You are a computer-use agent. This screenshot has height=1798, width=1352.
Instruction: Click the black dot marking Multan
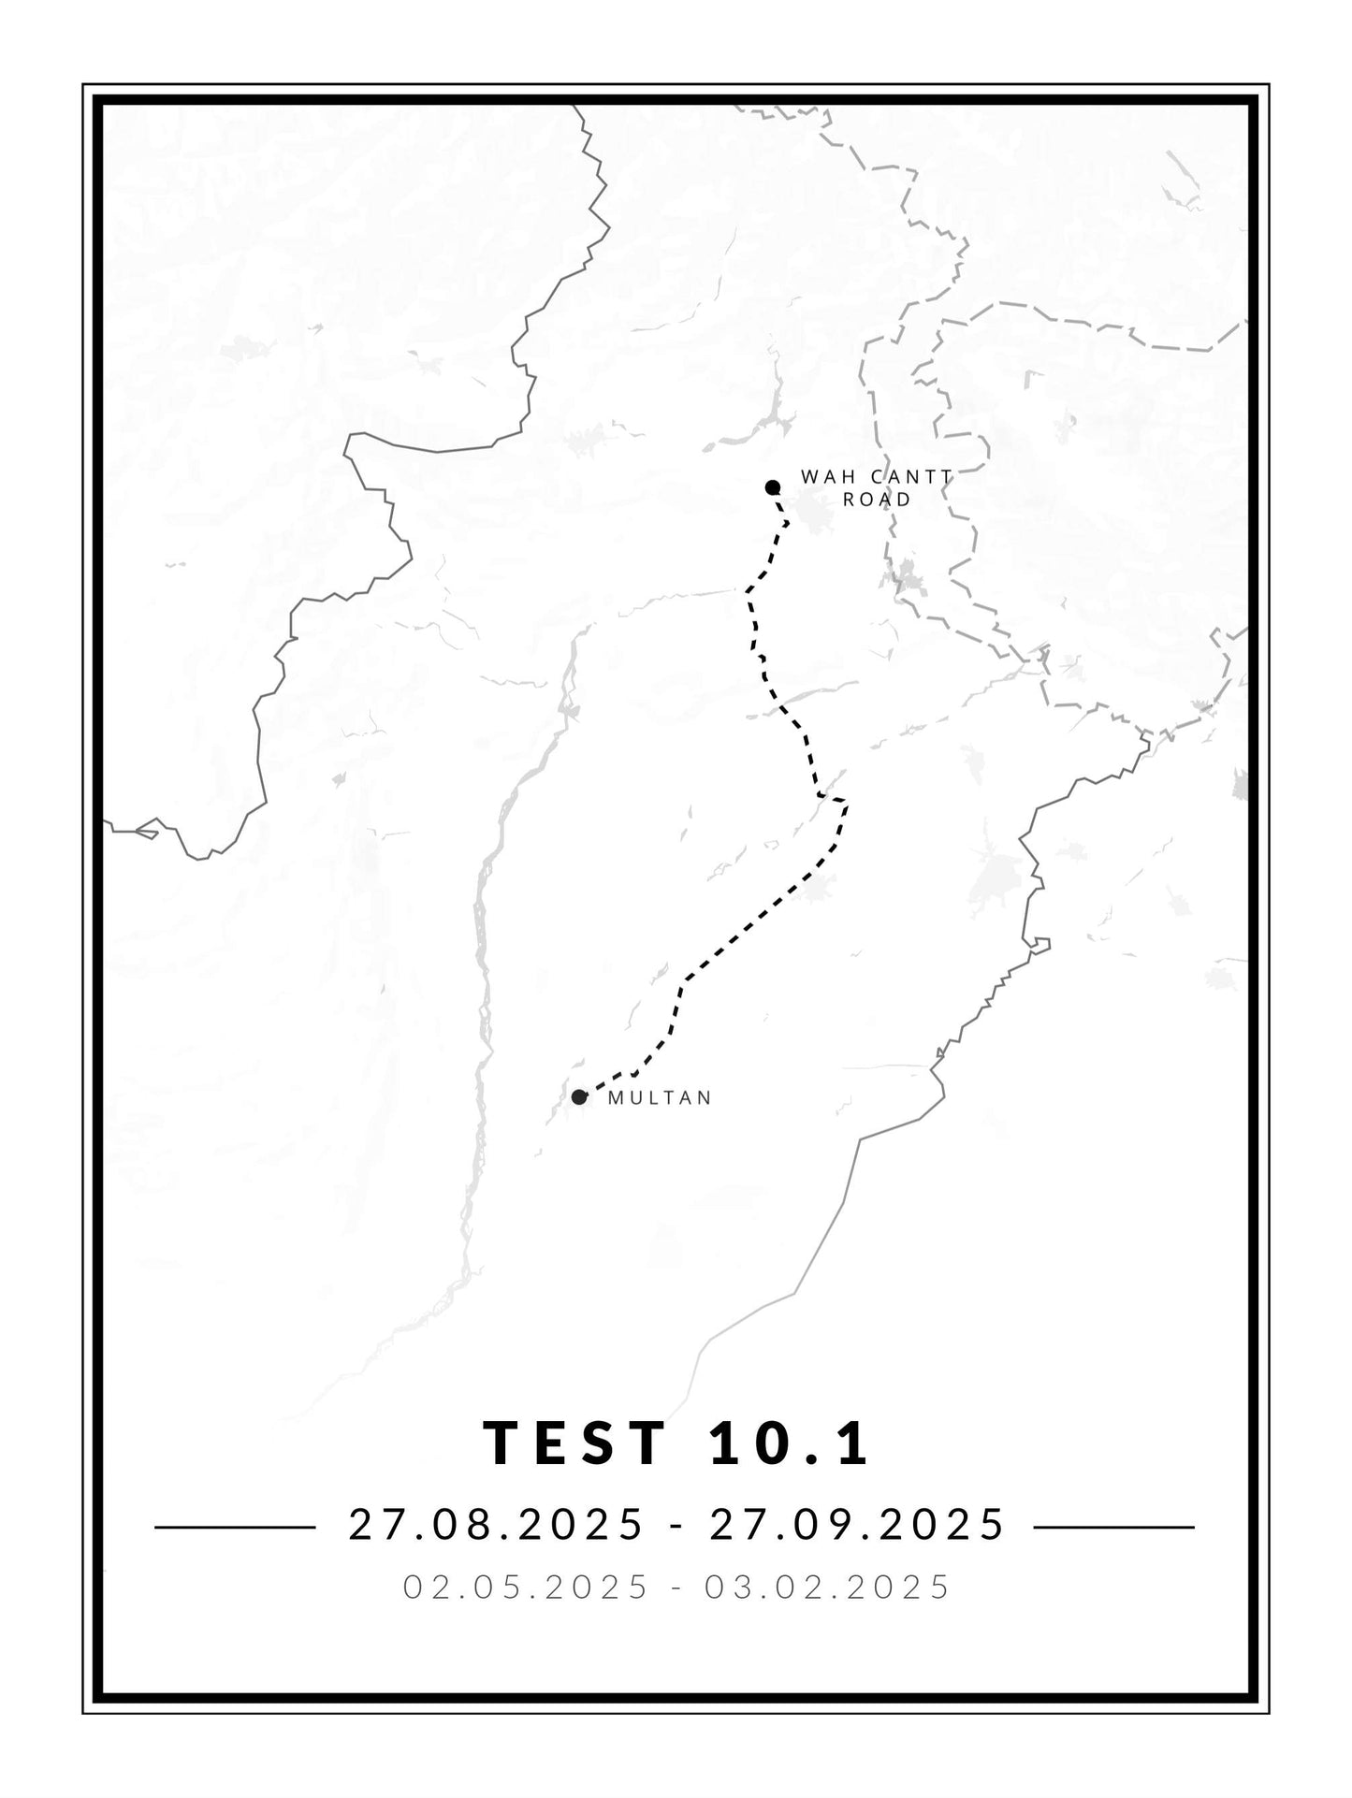(579, 1096)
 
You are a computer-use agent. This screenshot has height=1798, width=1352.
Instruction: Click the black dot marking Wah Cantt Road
(773, 486)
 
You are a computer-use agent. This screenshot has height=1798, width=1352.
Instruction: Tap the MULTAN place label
(660, 1098)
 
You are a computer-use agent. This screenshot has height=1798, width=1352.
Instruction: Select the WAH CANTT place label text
(876, 477)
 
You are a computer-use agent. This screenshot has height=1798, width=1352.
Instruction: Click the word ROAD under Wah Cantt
(877, 500)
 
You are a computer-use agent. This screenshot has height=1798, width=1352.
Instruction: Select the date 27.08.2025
(497, 1524)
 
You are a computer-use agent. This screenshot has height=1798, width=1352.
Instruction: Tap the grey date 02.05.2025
(526, 1587)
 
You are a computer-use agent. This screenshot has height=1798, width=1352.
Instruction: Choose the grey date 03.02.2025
(828, 1587)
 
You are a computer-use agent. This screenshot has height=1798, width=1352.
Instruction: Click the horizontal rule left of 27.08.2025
(235, 1527)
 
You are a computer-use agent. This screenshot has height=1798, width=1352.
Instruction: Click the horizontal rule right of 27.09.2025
(1113, 1527)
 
